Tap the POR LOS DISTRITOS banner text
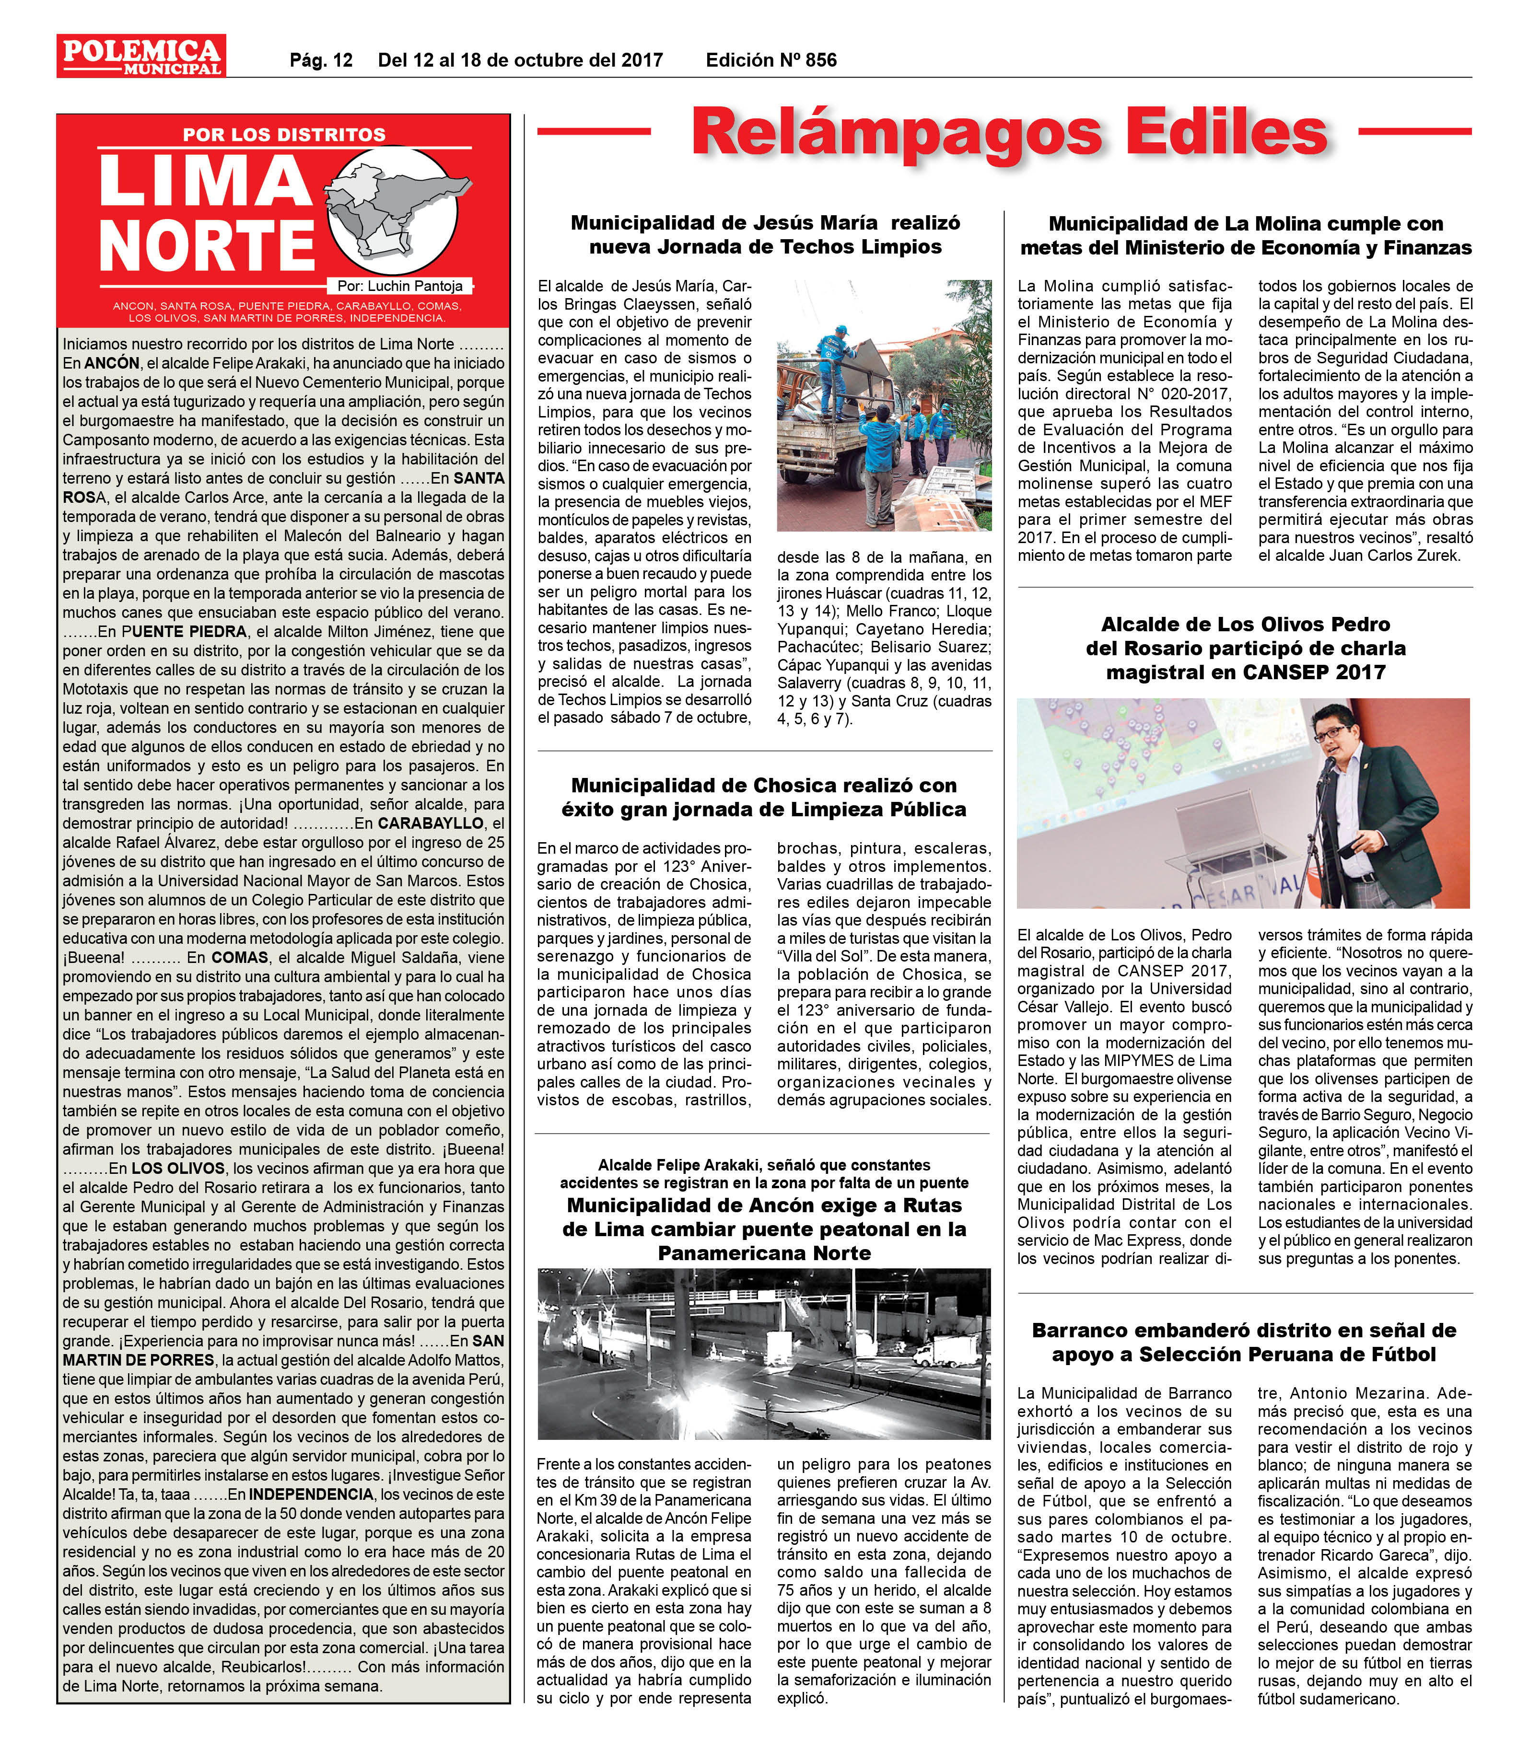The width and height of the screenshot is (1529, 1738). (284, 134)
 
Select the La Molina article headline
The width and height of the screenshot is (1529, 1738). (1245, 235)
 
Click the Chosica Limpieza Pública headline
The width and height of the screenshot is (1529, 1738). (764, 797)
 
